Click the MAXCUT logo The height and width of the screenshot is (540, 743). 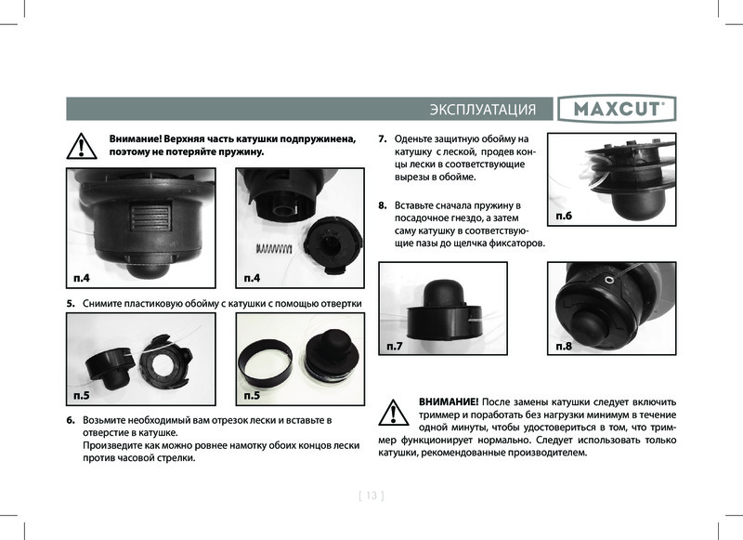click(617, 109)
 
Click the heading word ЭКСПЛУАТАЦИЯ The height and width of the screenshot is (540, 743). click(483, 110)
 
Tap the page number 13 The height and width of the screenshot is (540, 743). click(371, 495)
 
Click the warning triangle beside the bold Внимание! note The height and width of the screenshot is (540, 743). click(82, 146)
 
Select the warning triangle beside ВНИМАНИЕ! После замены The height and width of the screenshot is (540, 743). click(393, 413)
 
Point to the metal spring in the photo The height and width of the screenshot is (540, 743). click(274, 248)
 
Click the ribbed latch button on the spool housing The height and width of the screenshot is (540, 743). click(150, 217)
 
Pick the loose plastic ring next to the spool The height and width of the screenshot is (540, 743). click(265, 362)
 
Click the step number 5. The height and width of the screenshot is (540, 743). click(71, 303)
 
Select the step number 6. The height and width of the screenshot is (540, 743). click(71, 420)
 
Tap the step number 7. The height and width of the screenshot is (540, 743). click(383, 138)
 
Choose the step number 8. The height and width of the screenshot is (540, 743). click(383, 205)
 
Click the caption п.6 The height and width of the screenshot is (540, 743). click(564, 217)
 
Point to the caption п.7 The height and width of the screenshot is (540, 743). click(394, 346)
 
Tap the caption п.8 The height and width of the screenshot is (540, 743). click(564, 346)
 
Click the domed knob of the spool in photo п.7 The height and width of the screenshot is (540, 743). click(441, 294)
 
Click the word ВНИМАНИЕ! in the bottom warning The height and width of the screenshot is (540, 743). click(449, 402)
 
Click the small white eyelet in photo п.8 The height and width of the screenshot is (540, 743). click(609, 281)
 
